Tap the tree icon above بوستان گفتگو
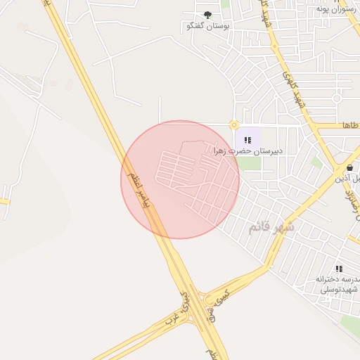[207, 15]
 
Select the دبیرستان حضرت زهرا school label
[247, 151]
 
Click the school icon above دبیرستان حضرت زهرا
[247, 140]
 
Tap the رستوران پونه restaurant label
[333, 8]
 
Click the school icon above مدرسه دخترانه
[339, 269]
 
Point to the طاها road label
[350, 125]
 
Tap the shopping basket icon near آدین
[349, 167]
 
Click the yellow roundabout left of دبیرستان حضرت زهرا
[233, 125]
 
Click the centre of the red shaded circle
[180, 179]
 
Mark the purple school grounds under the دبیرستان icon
[247, 136]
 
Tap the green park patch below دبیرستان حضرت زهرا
[247, 163]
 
